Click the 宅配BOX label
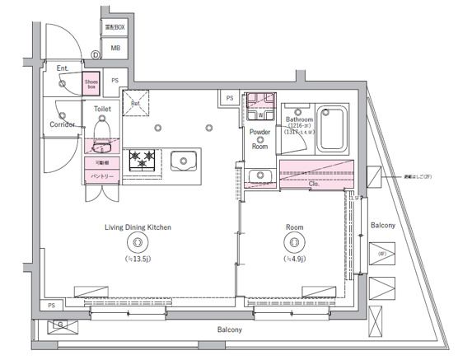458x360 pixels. (114, 28)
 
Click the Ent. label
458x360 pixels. (63, 69)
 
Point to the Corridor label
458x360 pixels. (62, 124)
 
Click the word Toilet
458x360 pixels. (102, 109)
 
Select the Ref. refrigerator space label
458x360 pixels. (137, 103)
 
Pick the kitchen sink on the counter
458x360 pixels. (182, 160)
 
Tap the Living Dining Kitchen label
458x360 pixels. (137, 227)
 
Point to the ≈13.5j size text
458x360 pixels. (137, 258)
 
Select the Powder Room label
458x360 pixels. (260, 138)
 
